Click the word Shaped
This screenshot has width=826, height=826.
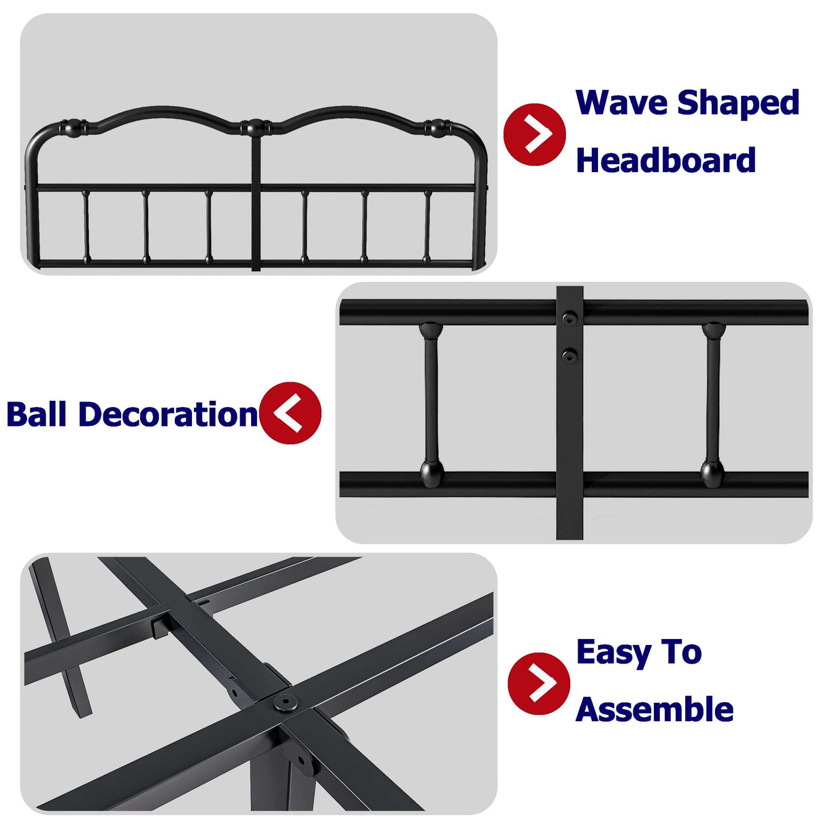[x=738, y=104]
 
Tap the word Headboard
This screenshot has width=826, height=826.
[x=665, y=161]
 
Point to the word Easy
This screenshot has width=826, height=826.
[x=614, y=653]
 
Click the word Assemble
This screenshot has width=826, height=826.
[x=655, y=710]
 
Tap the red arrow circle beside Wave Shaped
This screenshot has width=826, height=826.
[x=535, y=135]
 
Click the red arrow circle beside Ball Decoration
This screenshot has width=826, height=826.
[x=290, y=413]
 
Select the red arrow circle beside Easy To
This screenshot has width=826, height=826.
[x=539, y=683]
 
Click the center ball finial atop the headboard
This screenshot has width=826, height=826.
[x=256, y=127]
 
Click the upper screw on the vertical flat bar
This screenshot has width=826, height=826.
[x=569, y=318]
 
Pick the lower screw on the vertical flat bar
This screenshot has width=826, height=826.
[x=569, y=354]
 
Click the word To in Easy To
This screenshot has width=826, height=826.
[x=681, y=652]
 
